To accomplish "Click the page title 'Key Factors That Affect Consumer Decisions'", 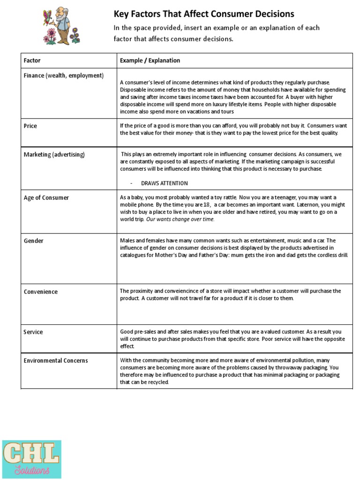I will (x=204, y=14).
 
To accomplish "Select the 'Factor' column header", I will (x=32, y=60).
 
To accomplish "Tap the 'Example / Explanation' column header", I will (x=150, y=60).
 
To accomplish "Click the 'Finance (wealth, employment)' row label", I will (x=63, y=75).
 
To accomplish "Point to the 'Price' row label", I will (x=30, y=126).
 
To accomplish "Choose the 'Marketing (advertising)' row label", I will (x=54, y=154).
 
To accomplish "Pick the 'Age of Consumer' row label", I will (x=46, y=198).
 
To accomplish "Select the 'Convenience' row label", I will (x=40, y=292).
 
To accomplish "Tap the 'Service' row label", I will (x=33, y=332).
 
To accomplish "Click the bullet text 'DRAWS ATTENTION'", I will (x=164, y=183).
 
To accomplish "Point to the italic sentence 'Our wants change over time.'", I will (x=180, y=219).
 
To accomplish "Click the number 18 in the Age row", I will (x=207, y=205).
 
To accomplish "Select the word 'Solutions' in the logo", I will (x=31, y=470).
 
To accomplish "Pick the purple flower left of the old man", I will (x=50, y=36).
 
